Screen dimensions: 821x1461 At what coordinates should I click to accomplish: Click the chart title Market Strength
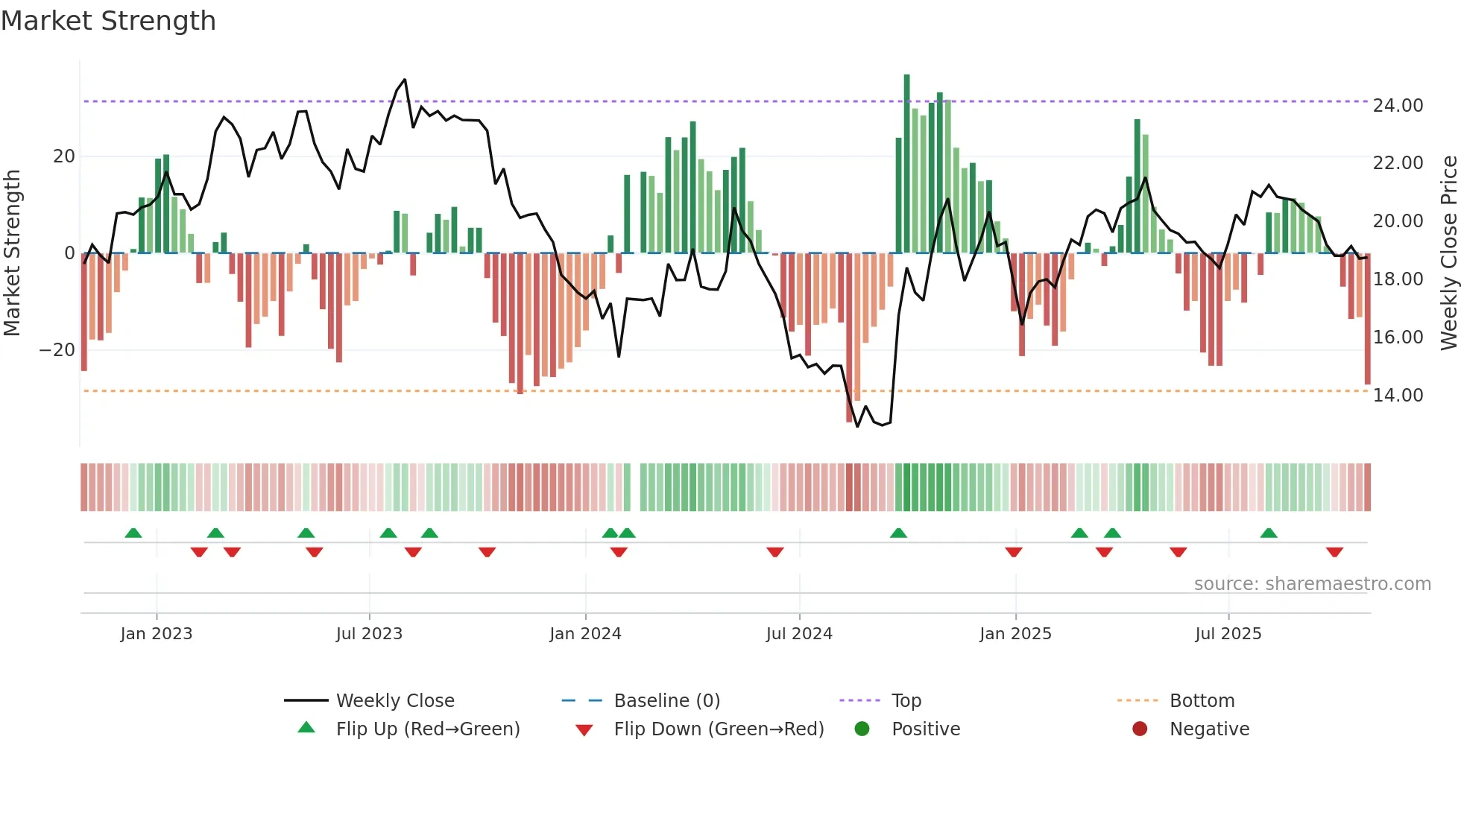pyautogui.click(x=108, y=21)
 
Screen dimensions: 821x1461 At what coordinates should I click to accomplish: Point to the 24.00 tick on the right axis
pyautogui.click(x=1398, y=106)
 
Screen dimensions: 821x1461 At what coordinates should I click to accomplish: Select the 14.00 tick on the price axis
pyautogui.click(x=1398, y=396)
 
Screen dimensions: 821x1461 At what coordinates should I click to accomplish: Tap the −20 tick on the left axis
pyautogui.click(x=57, y=350)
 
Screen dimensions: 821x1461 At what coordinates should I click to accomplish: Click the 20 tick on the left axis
pyautogui.click(x=64, y=156)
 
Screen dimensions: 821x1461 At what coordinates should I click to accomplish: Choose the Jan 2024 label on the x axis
pyautogui.click(x=585, y=634)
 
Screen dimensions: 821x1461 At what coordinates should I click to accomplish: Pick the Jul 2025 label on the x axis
pyautogui.click(x=1228, y=634)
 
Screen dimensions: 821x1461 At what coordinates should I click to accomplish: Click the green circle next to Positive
pyautogui.click(x=862, y=729)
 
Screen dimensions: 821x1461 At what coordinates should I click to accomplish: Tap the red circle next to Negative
pyautogui.click(x=1140, y=729)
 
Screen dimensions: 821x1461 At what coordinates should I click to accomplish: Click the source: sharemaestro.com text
pyautogui.click(x=1312, y=584)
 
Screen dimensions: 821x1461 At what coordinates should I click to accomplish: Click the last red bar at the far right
pyautogui.click(x=1367, y=320)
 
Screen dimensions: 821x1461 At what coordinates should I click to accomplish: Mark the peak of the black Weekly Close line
pyautogui.click(x=405, y=80)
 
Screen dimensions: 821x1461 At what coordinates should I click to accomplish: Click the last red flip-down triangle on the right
pyautogui.click(x=1334, y=552)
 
